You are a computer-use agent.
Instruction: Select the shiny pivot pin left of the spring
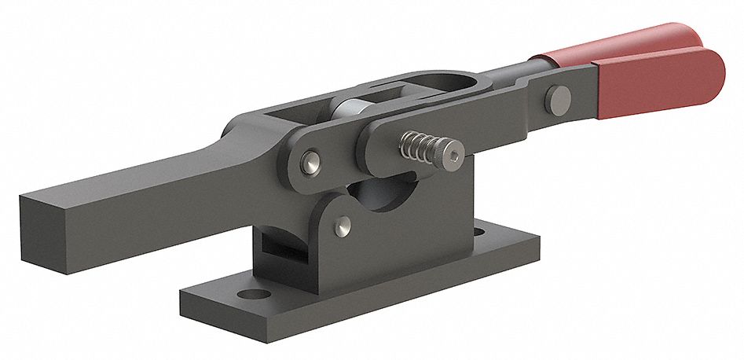[311, 164]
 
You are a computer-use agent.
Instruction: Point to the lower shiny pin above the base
[343, 227]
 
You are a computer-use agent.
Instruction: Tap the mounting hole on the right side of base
[478, 233]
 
